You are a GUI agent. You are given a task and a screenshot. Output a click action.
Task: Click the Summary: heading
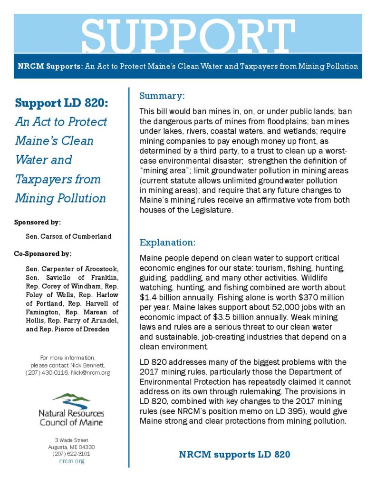[x=162, y=96]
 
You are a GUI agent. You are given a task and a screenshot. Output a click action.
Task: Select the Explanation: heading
[x=167, y=243]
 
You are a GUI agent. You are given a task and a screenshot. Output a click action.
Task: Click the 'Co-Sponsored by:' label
[x=43, y=253]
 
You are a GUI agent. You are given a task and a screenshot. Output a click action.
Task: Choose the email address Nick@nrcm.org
[x=90, y=372]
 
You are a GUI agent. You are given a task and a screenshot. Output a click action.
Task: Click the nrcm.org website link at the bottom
[x=71, y=461]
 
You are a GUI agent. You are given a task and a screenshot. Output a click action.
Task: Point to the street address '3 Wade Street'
[x=71, y=440]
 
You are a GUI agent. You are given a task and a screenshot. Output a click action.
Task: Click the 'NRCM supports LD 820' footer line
[x=234, y=455]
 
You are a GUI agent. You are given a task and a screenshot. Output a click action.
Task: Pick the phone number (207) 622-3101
[x=71, y=454]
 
